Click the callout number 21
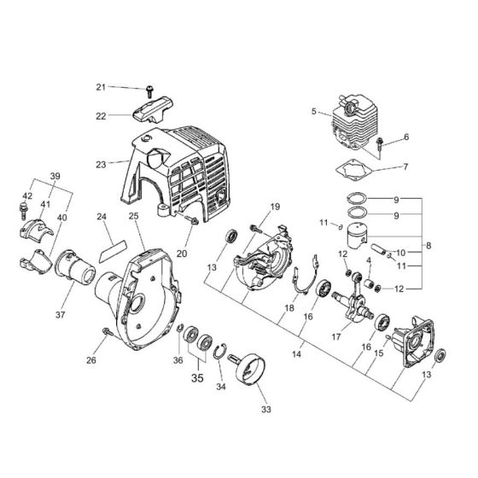coord(124,87)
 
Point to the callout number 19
coord(275,207)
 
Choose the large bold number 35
coord(197,373)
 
